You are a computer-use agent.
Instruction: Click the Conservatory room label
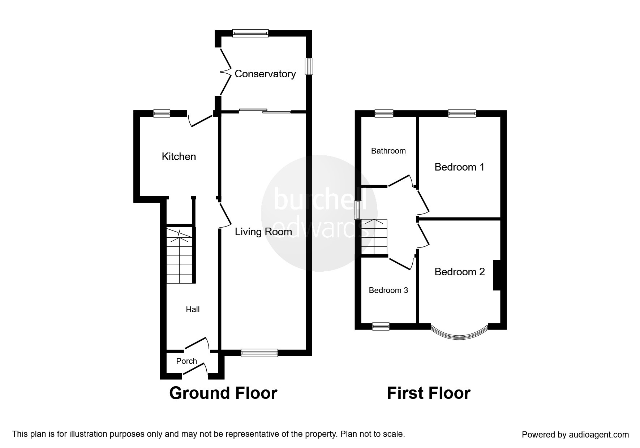[x=265, y=74]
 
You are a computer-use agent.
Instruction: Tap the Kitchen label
[x=179, y=156]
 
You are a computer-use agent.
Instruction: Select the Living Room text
[x=263, y=232]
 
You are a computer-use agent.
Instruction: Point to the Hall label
[x=193, y=309]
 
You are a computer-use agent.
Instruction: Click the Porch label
[x=186, y=361]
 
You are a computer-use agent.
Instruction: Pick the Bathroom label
[x=388, y=151]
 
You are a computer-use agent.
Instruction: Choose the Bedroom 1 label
[x=459, y=167]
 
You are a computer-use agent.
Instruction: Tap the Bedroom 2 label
[x=460, y=272]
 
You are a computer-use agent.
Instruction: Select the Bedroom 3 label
[x=388, y=290]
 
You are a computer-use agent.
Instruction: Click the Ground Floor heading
[x=223, y=393]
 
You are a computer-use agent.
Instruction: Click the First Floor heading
[x=429, y=393]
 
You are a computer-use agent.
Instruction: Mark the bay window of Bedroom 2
[x=459, y=337]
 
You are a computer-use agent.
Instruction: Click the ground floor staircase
[x=179, y=254]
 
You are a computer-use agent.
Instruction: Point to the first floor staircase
[x=374, y=237]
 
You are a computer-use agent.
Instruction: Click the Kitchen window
[x=162, y=113]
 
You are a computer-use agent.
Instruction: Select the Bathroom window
[x=384, y=113]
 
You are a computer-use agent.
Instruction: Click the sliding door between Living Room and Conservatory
[x=265, y=111]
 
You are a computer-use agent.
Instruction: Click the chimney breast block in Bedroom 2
[x=497, y=275]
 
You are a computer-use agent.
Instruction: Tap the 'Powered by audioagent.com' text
[x=575, y=435]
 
